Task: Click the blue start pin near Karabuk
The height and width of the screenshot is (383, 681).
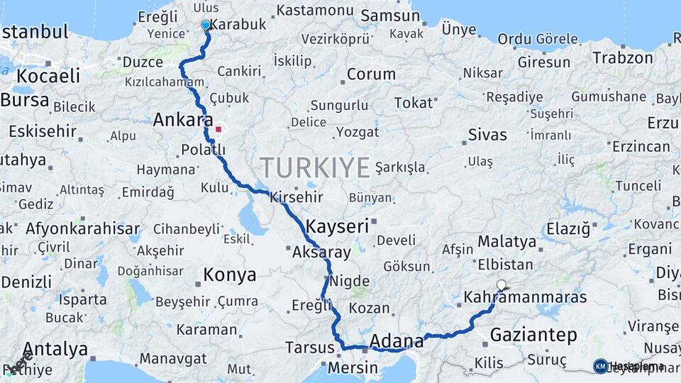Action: (206, 26)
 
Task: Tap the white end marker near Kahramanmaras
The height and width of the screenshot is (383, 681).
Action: (502, 285)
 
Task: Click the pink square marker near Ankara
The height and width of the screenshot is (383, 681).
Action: (219, 130)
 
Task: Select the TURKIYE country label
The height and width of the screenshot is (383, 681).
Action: (314, 168)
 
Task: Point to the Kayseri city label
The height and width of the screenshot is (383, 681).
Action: (338, 227)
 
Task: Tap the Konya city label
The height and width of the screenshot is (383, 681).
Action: (229, 274)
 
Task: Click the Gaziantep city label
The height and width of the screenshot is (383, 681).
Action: (527, 333)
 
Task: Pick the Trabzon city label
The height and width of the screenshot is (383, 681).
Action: (622, 57)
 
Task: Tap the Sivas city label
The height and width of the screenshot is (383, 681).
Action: (487, 135)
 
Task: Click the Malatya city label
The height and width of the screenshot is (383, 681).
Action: (506, 242)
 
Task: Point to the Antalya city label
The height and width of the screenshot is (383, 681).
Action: (55, 350)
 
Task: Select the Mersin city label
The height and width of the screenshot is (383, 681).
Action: (353, 368)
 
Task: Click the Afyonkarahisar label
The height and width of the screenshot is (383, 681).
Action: (82, 229)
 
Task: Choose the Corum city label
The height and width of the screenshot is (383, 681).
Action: (371, 74)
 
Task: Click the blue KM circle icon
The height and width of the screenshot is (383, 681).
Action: (600, 366)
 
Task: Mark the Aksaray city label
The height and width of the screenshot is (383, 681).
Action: (321, 252)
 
